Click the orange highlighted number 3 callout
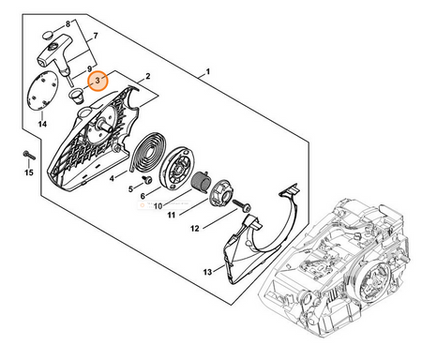[98, 81]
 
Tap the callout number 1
[207, 72]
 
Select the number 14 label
[42, 124]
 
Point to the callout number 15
[29, 172]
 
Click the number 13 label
[207, 272]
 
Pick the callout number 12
[194, 229]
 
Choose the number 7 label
[96, 36]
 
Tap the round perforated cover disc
[43, 91]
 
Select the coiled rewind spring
[145, 152]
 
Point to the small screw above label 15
[29, 155]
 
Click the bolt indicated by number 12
[242, 205]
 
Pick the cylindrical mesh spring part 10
[201, 182]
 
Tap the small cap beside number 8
[48, 35]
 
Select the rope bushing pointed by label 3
[76, 96]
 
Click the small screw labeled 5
[146, 180]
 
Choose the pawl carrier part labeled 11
[221, 195]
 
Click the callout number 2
[148, 76]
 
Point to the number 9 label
[89, 68]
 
